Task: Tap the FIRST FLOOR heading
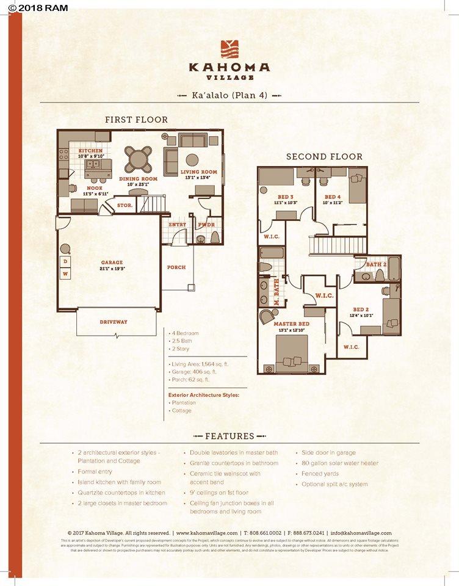click(136, 120)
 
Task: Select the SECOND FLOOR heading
click(324, 157)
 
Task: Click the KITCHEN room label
click(90, 150)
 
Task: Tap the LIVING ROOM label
click(199, 172)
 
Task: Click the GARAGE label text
click(112, 262)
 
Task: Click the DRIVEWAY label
click(114, 322)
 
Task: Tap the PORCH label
click(176, 267)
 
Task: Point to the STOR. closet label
click(125, 205)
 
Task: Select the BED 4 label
click(332, 197)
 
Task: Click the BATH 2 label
click(377, 264)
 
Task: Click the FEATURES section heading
click(229, 436)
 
